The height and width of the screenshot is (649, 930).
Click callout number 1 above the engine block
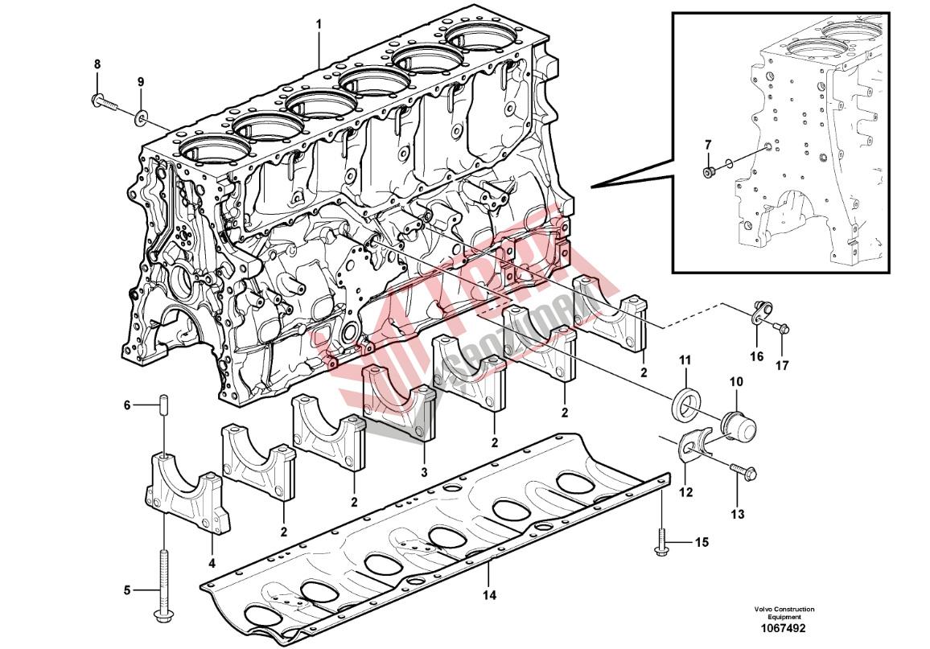(319, 25)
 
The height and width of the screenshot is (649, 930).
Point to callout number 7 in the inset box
(708, 145)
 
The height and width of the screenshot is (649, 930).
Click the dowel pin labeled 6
(163, 405)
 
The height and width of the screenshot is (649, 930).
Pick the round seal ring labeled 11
(685, 405)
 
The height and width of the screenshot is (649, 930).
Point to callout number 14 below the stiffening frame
(490, 596)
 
